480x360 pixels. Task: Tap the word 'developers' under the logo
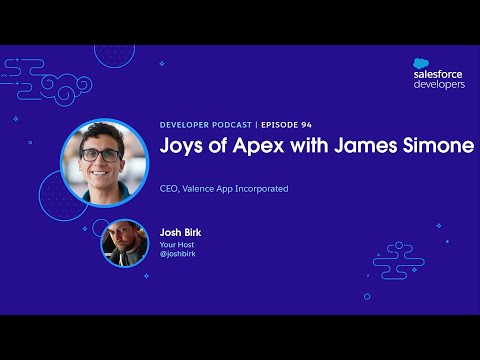click(x=439, y=85)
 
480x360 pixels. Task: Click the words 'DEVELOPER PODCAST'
click(x=207, y=125)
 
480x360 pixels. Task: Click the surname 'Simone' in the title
click(x=441, y=146)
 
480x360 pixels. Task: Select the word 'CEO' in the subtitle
click(x=169, y=187)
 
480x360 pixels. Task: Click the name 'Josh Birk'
click(x=180, y=231)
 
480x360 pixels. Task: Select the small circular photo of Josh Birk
click(x=124, y=242)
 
